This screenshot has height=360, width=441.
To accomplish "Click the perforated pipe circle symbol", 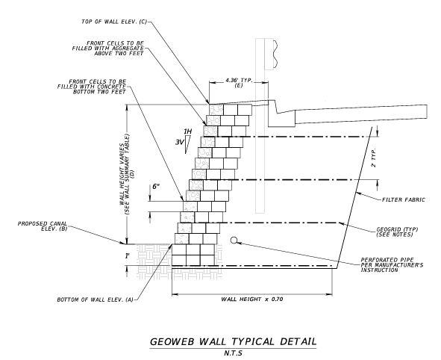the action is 234,240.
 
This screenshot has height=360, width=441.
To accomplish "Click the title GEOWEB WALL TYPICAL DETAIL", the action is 233,341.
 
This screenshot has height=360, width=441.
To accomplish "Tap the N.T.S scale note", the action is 233,353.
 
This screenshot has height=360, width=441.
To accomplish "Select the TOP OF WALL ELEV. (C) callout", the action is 114,22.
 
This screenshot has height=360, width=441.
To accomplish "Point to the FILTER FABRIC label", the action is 403,200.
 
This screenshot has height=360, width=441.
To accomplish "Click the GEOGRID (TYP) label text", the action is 397,229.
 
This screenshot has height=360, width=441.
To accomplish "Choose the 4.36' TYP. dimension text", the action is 239,80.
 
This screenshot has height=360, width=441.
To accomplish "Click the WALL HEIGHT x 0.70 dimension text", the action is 252,299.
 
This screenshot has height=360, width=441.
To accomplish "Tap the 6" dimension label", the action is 156,186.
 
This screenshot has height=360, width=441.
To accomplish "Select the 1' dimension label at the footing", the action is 128,256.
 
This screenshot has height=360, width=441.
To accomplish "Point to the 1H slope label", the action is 187,131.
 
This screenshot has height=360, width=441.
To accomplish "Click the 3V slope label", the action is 179,143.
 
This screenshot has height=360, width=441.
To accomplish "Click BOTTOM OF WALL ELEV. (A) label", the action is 95,300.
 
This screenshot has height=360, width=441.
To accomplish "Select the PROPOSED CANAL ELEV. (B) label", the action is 43,226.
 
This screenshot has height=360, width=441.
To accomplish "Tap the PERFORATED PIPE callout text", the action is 392,265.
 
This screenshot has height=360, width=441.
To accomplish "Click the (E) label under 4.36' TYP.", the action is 239,86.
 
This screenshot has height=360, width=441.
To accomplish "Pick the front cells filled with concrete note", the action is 92,87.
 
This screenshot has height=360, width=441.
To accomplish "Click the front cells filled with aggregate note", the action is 107,48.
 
